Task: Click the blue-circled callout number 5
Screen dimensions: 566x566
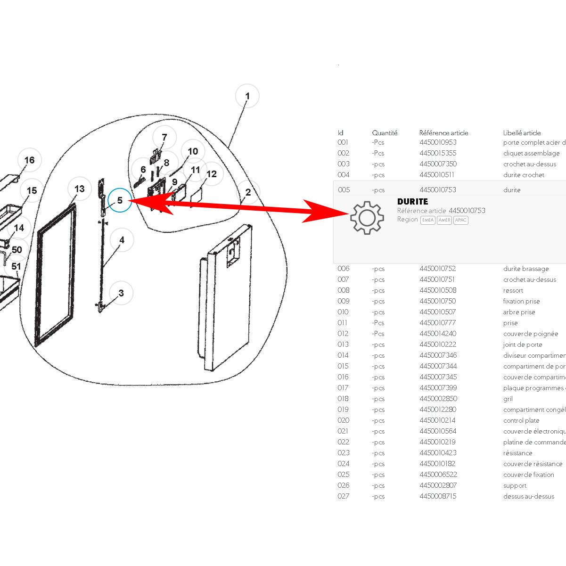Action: point(120,201)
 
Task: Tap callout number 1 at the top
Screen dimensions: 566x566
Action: point(247,96)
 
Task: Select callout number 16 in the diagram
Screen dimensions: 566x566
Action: point(29,160)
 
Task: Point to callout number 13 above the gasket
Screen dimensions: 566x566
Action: point(79,189)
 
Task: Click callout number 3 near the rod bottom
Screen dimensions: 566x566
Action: point(121,293)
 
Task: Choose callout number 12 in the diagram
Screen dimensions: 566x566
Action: point(212,174)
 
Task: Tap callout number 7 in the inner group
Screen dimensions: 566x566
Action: point(164,137)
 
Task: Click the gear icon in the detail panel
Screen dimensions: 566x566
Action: point(367,218)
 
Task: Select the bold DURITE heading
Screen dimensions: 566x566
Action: point(412,201)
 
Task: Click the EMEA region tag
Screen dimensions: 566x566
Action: point(427,220)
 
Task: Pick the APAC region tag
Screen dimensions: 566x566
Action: point(460,220)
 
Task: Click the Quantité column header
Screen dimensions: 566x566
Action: point(385,133)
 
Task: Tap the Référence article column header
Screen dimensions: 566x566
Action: point(443,133)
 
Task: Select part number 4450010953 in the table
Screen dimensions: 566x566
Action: point(438,142)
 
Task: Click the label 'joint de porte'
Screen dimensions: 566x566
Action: point(522,345)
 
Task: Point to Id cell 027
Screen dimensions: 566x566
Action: point(343,496)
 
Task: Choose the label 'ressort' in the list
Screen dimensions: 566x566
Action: point(513,290)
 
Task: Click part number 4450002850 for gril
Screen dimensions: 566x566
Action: point(438,399)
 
